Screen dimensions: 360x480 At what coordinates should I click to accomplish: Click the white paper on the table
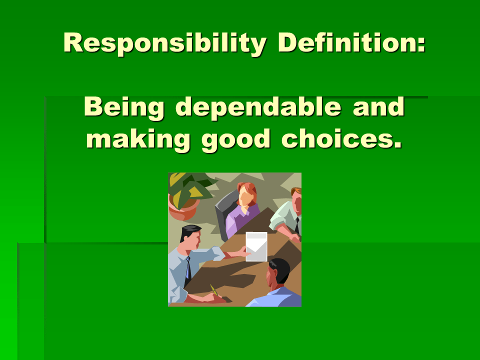256,247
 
